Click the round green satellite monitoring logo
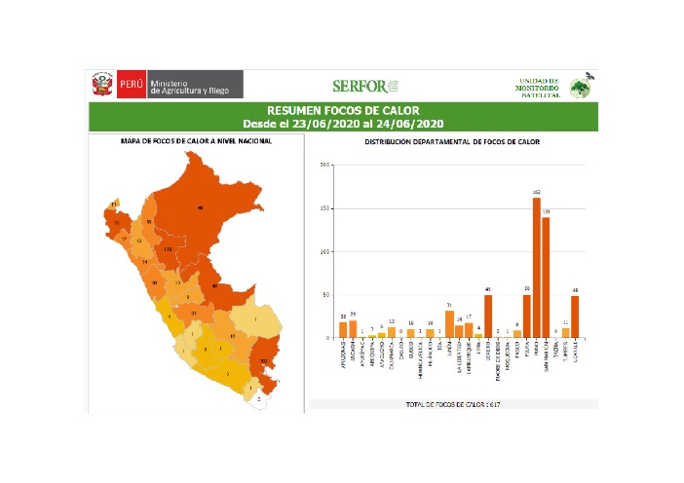tap(580, 88)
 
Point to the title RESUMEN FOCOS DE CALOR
tap(348, 111)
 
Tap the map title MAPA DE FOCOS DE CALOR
tap(196, 142)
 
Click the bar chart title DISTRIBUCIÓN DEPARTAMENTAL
tap(452, 142)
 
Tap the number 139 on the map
tap(168, 250)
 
